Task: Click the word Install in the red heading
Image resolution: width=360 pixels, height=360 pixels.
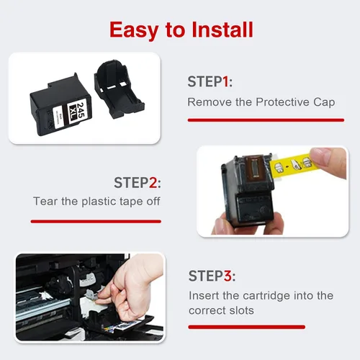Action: point(222,30)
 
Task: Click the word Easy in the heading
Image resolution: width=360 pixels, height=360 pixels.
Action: point(134,31)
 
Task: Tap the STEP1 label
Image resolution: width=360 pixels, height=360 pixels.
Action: point(210,81)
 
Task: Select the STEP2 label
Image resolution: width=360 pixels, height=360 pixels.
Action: point(138,183)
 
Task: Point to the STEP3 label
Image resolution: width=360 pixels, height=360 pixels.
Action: point(212,276)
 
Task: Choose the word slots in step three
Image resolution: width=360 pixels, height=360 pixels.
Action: point(241,310)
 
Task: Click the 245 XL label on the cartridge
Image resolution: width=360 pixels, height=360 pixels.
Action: point(77,112)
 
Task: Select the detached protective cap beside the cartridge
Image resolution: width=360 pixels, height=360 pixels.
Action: point(119,89)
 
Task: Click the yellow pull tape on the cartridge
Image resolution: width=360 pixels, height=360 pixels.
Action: point(292,166)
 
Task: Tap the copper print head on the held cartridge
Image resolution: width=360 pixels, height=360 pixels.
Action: point(256,169)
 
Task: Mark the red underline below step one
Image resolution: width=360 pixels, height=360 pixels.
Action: point(266,120)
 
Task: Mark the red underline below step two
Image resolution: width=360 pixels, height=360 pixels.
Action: point(96,221)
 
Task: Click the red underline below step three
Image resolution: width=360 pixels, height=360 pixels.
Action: point(247,327)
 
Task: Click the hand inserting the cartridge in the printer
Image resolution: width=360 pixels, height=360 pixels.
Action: point(131,288)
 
